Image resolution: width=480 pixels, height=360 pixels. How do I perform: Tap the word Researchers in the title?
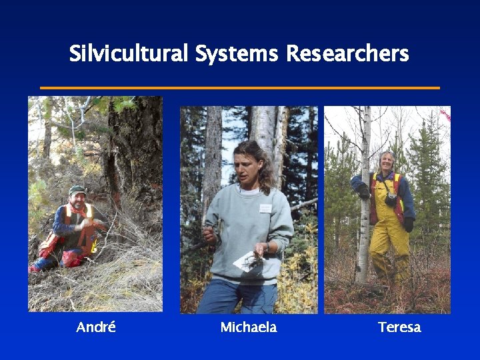pos(347,53)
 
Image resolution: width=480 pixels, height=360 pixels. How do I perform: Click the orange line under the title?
pos(240,87)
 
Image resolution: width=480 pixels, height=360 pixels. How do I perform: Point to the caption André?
pos(96,327)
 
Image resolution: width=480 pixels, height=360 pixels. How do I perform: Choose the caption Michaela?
pos(248,327)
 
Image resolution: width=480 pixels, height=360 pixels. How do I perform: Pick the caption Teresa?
pos(399,327)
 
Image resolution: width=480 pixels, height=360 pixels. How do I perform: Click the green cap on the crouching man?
pos(77,190)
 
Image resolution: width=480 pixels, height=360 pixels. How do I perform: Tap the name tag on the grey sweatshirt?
pos(265,208)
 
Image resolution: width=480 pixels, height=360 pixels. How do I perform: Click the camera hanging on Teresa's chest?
pos(391,199)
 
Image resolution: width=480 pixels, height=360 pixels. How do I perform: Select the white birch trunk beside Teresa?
pos(363,220)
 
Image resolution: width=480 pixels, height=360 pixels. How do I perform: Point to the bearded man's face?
pos(77,199)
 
